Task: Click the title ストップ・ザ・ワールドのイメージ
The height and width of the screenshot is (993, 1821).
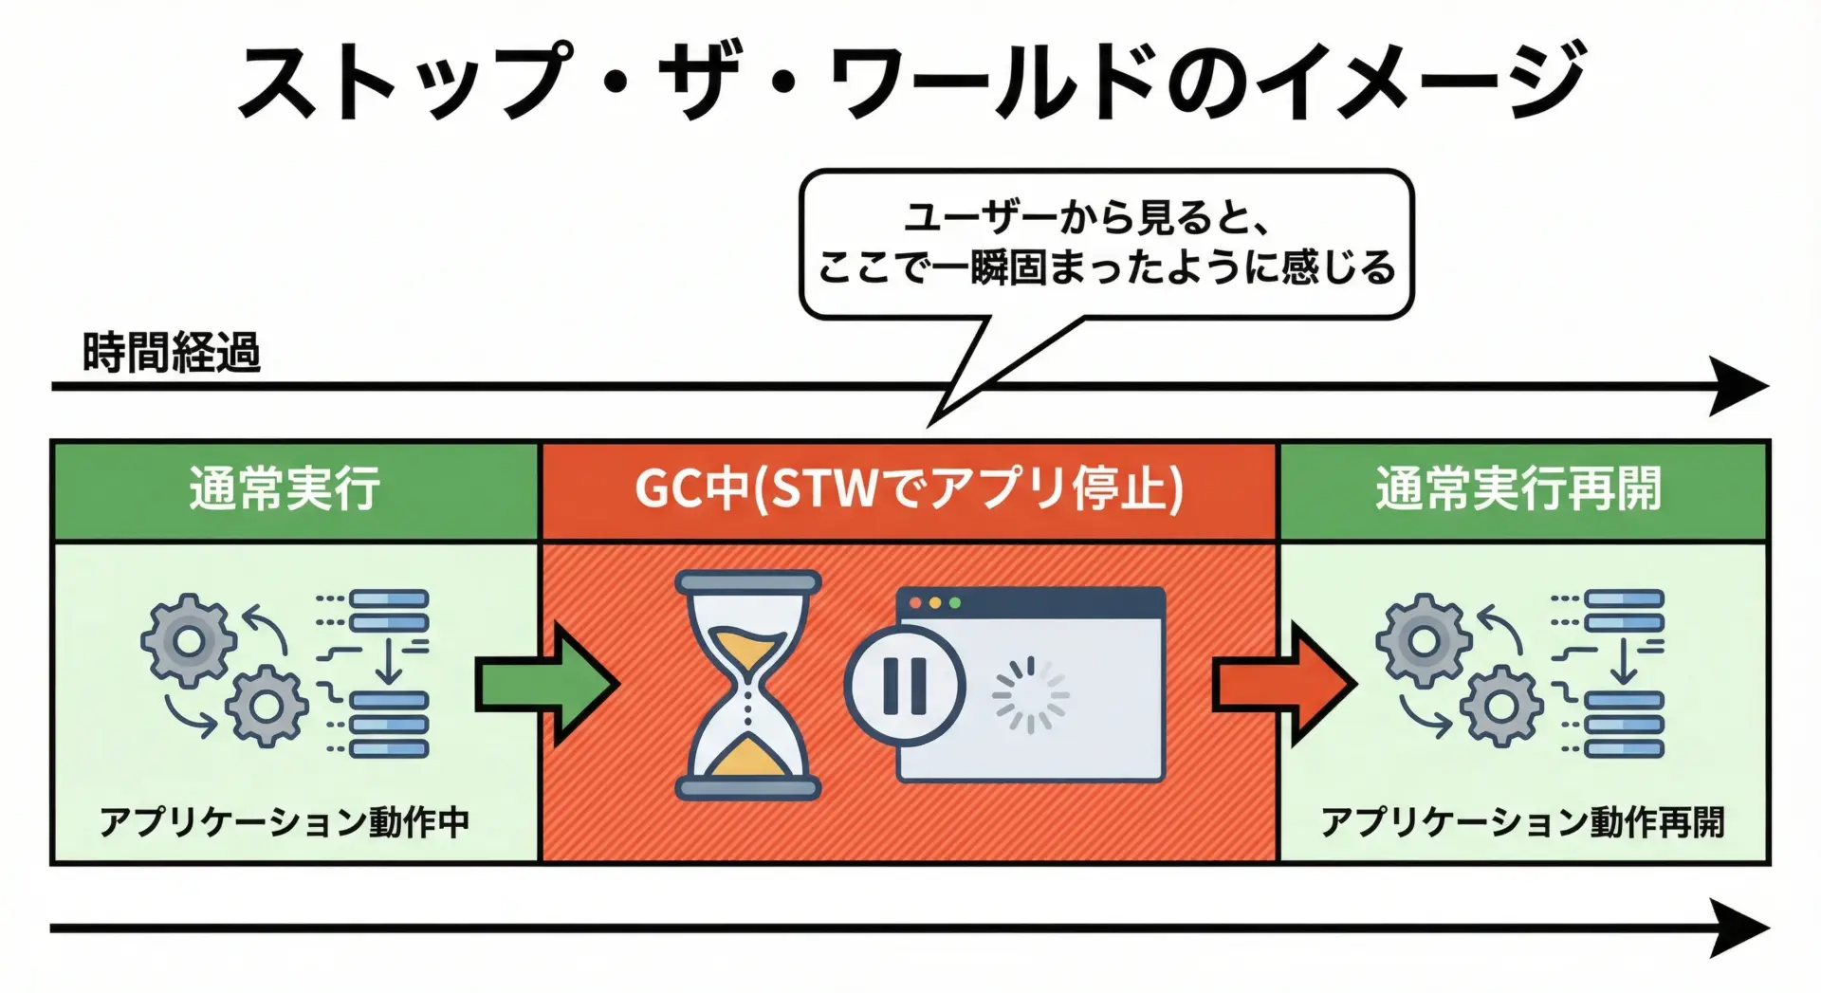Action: point(910,80)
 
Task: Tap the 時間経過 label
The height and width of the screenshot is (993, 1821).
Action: point(171,353)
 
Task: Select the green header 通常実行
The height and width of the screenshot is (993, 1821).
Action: point(285,489)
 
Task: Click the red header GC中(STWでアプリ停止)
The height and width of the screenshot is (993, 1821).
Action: point(909,489)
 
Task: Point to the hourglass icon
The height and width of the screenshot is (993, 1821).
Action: point(747,685)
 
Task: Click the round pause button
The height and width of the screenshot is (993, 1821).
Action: point(904,685)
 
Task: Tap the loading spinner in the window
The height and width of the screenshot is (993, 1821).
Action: point(1030,695)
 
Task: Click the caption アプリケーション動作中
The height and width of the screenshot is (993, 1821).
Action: point(285,821)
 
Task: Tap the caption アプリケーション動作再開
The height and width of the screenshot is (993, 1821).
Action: point(1521,821)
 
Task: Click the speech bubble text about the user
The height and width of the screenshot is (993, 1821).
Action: point(1106,244)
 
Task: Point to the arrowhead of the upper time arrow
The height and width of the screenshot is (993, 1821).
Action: point(1740,386)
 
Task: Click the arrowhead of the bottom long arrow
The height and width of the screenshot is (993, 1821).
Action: point(1740,928)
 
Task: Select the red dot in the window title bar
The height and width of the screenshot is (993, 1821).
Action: point(915,603)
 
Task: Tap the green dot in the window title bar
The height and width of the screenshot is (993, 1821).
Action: point(955,603)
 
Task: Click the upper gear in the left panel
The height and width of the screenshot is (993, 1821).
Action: point(189,641)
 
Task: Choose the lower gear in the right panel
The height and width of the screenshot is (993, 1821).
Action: point(1500,707)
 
